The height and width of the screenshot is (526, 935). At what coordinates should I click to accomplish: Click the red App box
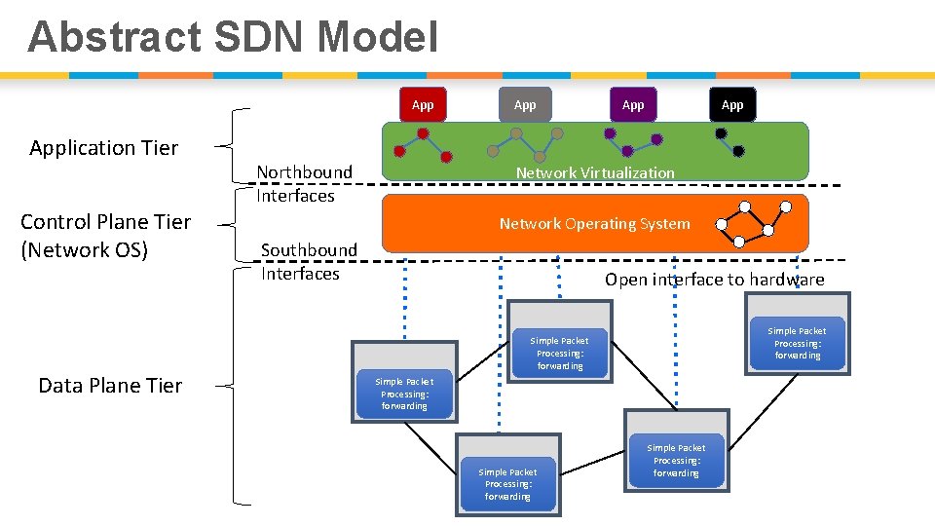(x=423, y=105)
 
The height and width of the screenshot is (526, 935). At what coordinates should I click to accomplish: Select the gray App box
(x=525, y=105)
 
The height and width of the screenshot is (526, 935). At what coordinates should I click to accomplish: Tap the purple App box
(x=633, y=105)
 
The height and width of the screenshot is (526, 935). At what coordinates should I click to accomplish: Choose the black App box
(x=732, y=105)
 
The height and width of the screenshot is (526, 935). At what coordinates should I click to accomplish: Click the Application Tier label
(x=104, y=148)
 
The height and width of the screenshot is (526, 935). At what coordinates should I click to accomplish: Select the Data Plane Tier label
(x=110, y=386)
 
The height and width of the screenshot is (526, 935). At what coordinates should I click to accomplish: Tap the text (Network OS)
(x=85, y=250)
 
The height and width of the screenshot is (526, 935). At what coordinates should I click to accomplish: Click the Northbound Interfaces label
(x=304, y=183)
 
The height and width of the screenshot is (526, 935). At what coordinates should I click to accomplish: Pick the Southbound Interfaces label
(x=308, y=262)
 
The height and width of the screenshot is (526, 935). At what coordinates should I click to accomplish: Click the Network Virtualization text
(x=594, y=172)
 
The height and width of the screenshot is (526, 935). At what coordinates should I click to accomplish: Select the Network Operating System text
(x=594, y=223)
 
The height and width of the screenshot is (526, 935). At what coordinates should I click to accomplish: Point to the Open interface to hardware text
(x=714, y=280)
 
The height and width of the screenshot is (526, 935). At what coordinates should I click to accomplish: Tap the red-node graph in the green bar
(x=423, y=144)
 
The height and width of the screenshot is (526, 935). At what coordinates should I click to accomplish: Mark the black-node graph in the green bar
(x=729, y=142)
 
